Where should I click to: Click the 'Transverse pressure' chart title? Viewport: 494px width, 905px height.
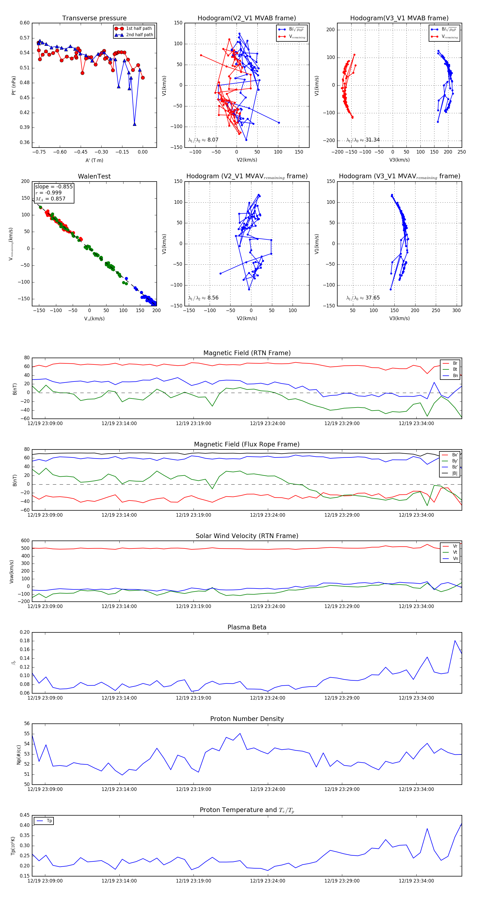click(94, 18)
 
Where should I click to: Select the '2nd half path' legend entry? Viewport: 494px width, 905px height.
click(139, 35)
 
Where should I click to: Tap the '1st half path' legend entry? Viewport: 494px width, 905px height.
click(139, 29)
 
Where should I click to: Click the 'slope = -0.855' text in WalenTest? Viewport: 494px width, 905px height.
click(54, 186)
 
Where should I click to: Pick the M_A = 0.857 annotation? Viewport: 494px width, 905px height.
click(50, 199)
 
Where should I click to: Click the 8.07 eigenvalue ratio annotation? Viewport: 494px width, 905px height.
click(213, 140)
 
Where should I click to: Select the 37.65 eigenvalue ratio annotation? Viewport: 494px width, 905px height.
click(372, 298)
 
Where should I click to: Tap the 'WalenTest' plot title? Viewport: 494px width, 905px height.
click(94, 176)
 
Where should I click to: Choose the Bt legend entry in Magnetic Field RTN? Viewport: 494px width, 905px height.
click(455, 369)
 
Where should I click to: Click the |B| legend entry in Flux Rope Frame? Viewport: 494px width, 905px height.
click(455, 473)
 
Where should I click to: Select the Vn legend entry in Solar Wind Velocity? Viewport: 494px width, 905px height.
click(455, 559)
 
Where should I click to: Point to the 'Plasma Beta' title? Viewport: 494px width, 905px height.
click(247, 627)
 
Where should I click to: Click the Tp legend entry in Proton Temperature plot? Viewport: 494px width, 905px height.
click(49, 821)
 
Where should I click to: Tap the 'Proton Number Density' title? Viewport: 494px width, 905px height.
click(247, 719)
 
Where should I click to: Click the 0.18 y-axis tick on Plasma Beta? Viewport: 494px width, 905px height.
click(25, 641)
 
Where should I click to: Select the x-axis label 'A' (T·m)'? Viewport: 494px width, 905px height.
click(94, 160)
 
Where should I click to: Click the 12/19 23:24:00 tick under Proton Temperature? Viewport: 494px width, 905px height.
click(268, 881)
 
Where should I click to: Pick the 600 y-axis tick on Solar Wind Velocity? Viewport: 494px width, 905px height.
click(25, 541)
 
